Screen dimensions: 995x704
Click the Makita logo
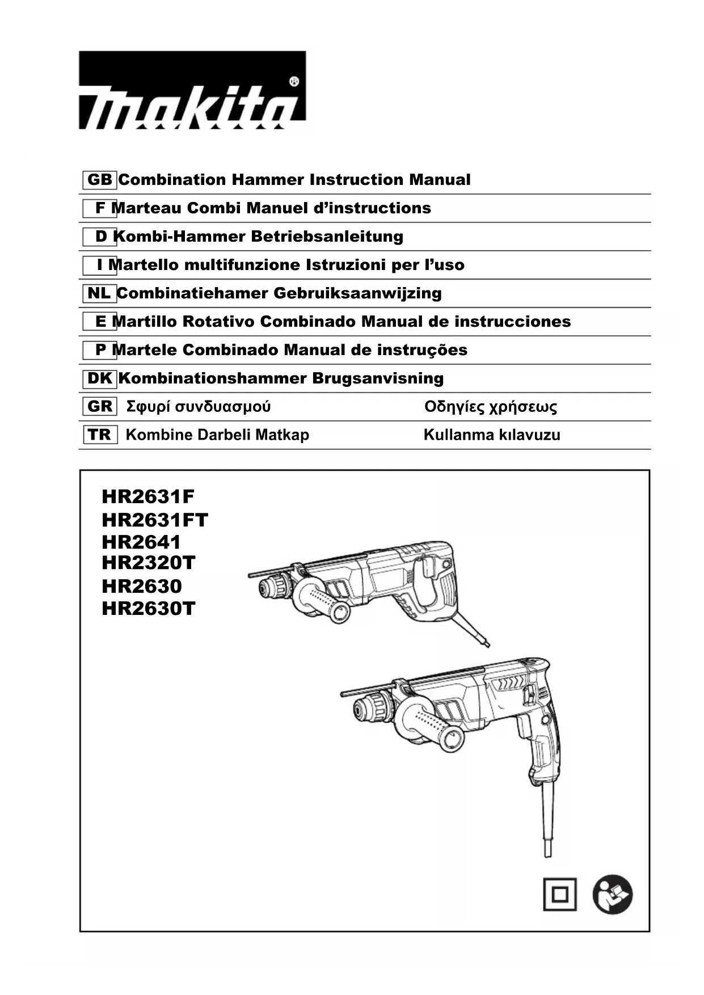(192, 91)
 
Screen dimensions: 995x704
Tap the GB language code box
(100, 180)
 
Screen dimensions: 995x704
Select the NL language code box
(99, 293)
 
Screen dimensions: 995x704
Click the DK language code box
(100, 378)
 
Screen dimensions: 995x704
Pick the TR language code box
(100, 435)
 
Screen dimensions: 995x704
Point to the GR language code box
(100, 407)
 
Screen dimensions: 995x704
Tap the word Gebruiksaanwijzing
(357, 293)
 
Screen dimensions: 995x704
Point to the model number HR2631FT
(155, 520)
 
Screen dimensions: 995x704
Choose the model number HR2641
(141, 542)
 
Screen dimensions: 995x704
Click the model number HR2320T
(149, 563)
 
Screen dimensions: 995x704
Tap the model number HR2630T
(149, 609)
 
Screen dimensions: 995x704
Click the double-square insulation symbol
(559, 895)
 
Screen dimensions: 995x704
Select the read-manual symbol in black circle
(613, 895)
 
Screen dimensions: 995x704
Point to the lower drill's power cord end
(547, 849)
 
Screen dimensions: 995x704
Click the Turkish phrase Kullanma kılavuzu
(492, 435)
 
